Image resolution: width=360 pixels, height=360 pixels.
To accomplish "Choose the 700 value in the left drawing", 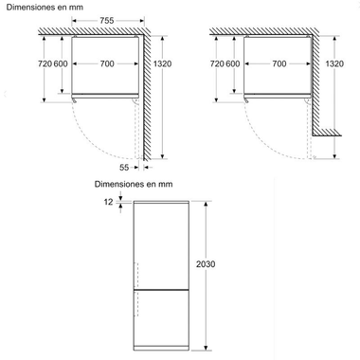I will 107,64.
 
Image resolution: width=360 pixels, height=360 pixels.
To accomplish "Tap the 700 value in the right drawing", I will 280,64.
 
